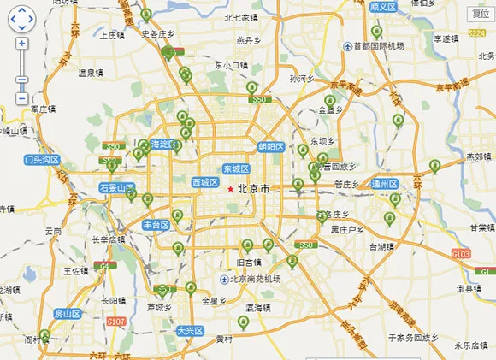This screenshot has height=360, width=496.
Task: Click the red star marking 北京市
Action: (230, 188)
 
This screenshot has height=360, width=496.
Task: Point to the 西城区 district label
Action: (205, 182)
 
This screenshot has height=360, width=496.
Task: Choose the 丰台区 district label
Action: (156, 225)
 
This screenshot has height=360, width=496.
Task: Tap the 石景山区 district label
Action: (116, 187)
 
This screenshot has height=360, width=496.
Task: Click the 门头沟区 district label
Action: (41, 160)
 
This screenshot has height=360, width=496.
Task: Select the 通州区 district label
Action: (384, 184)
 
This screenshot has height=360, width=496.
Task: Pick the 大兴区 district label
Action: (189, 330)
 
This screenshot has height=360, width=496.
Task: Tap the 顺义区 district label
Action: (382, 7)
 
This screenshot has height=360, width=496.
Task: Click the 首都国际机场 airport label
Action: (379, 46)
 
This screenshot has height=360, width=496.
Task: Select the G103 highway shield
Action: (461, 253)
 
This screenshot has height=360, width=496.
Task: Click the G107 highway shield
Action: (116, 322)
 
